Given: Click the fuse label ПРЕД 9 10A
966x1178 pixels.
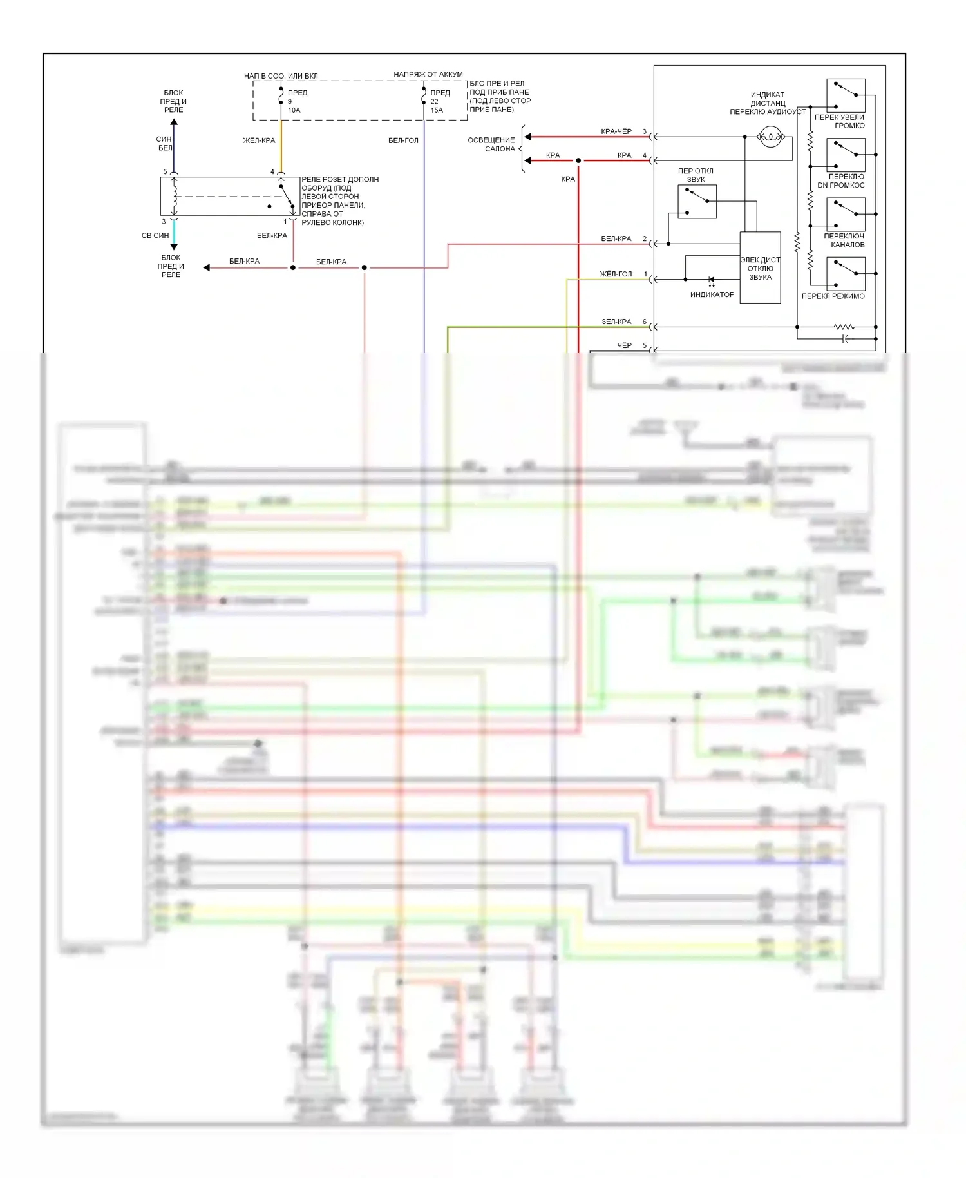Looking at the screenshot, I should [296, 101].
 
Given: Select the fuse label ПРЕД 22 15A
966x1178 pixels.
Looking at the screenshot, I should [439, 101].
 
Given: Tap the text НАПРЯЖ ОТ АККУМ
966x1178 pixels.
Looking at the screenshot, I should [428, 74].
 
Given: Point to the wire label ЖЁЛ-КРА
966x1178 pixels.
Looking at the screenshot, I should [259, 140].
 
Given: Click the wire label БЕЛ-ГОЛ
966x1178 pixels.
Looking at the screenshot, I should [403, 140].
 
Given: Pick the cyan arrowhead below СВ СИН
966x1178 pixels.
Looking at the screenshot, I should [174, 246].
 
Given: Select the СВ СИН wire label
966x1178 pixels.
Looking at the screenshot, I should [155, 235].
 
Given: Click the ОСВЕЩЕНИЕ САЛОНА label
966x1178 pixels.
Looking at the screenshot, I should [492, 144].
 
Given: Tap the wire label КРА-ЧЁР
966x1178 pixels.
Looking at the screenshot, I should [616, 131].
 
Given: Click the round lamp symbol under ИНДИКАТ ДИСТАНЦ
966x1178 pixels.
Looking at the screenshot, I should [770, 137].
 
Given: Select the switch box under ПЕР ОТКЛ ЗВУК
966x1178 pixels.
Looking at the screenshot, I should [697, 201].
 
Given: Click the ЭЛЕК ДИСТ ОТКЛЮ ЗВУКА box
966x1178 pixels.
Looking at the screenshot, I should [760, 268].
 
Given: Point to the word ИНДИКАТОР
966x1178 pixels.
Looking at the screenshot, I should [712, 294].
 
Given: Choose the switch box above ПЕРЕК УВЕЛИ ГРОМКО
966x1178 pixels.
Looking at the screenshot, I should [846, 95].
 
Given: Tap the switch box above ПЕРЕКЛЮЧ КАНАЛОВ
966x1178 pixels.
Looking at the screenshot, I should [846, 215].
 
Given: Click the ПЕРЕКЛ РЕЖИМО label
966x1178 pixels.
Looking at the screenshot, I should [833, 296].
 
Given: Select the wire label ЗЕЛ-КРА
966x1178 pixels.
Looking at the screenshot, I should [616, 322].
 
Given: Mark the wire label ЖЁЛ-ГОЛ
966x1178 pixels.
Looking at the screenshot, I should [616, 274].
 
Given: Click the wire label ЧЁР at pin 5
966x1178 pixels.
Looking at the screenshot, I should [624, 345].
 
